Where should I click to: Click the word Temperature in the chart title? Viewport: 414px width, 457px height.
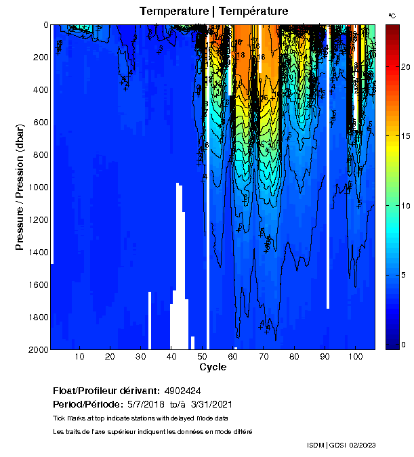172,12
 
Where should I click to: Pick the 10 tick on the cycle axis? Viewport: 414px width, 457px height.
79,357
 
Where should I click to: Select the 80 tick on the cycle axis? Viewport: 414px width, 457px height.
293,357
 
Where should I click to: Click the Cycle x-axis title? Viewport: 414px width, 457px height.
213,367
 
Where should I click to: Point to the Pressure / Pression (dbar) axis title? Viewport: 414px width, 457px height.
20,188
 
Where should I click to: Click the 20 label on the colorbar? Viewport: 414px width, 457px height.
405,67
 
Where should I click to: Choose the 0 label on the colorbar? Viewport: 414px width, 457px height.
404,345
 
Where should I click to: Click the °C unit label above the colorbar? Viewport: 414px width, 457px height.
392,15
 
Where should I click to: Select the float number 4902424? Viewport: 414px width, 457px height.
182,391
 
